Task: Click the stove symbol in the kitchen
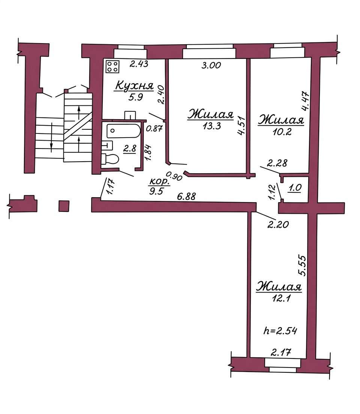[112, 66]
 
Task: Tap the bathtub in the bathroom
[123, 131]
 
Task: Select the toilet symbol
[110, 159]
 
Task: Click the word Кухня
[135, 86]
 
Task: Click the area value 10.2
[282, 132]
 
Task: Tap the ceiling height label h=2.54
[280, 331]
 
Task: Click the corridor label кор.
[159, 181]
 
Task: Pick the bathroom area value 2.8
[130, 148]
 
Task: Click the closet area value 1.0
[295, 188]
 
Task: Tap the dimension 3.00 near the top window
[211, 65]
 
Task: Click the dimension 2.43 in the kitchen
[139, 64]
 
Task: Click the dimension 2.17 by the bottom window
[281, 352]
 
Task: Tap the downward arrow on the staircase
[51, 137]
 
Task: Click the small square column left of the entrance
[64, 206]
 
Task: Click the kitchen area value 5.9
[136, 97]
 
